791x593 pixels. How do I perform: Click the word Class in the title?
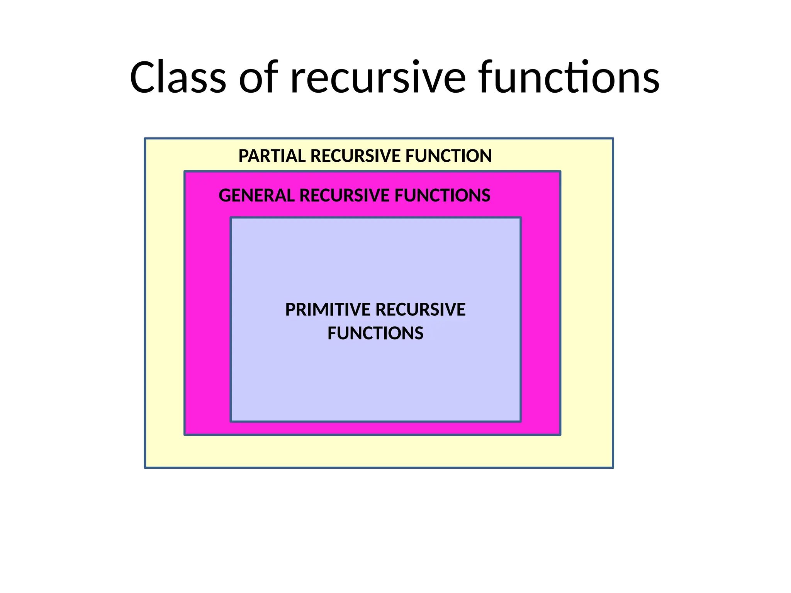[178, 78]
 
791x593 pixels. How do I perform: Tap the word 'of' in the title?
[258, 78]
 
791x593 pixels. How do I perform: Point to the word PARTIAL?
[272, 156]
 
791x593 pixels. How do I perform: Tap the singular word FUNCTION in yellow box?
[448, 156]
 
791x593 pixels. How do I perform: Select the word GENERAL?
[256, 196]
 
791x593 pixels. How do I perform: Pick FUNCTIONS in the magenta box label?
[442, 196]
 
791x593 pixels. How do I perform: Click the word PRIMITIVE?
[328, 310]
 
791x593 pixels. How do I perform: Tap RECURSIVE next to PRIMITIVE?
[421, 310]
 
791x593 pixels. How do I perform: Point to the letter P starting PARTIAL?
[243, 156]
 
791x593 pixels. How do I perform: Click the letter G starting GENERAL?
[224, 196]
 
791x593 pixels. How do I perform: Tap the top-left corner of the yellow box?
[145, 139]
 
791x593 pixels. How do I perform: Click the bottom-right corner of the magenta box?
[560, 435]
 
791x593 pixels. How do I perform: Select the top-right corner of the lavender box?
[520, 218]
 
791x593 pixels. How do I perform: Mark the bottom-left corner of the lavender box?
[231, 421]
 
